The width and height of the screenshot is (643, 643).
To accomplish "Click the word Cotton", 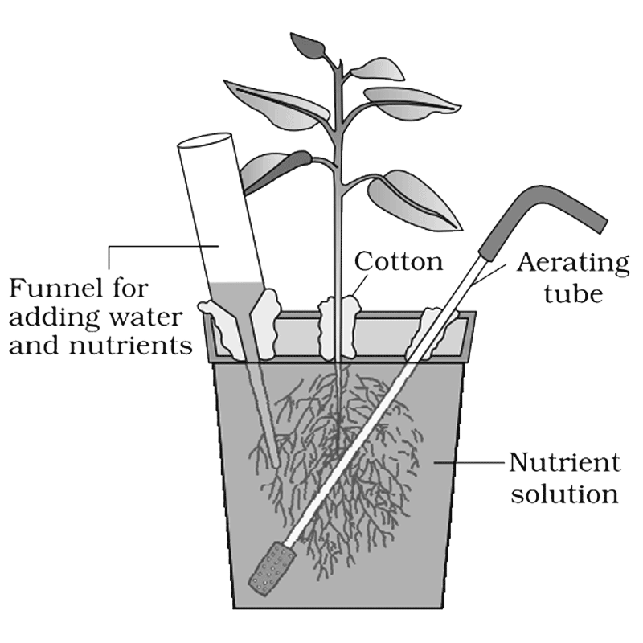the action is (399, 261).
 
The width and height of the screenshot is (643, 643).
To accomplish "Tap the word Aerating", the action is (573, 264).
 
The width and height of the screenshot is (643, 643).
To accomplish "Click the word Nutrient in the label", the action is (565, 462).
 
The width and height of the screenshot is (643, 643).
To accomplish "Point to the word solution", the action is (564, 494).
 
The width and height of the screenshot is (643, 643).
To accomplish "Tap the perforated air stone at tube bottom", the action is (272, 568).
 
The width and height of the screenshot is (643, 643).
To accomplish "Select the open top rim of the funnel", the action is (205, 140).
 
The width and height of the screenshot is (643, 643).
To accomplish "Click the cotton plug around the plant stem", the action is (339, 326).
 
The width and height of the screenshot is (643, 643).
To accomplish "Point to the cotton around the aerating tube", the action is (431, 332).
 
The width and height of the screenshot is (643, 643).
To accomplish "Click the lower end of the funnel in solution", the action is (275, 461).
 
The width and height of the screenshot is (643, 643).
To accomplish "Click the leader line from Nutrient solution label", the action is (469, 462).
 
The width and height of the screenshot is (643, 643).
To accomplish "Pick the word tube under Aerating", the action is (573, 293).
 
